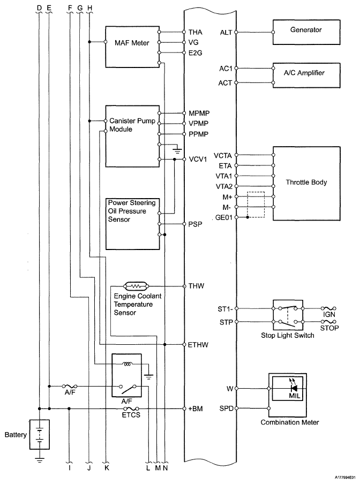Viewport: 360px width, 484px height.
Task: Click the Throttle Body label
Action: coord(306,183)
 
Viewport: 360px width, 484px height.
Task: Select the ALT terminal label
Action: coord(226,32)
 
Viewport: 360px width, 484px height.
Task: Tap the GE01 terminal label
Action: coord(223,217)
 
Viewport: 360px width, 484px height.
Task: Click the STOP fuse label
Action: coord(329,328)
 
